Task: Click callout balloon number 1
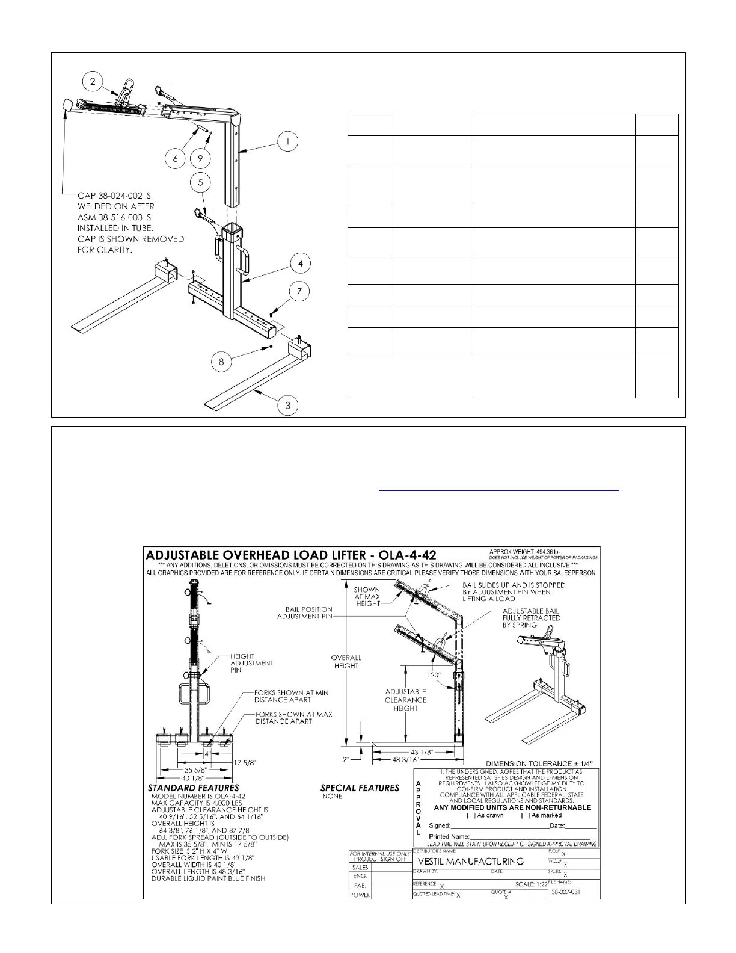(287, 142)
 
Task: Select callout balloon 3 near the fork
(288, 405)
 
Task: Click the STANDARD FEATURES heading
(193, 788)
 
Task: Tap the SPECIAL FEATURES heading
(360, 788)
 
